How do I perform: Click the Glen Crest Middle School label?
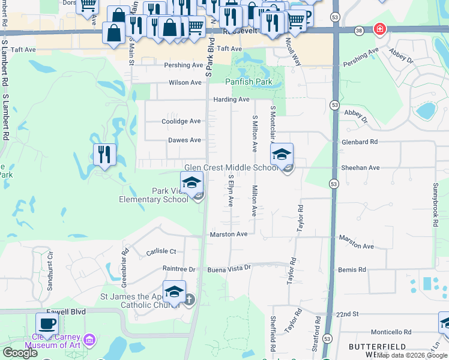[x=231, y=168]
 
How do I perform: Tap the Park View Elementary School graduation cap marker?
[x=192, y=182]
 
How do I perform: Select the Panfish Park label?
[x=249, y=82]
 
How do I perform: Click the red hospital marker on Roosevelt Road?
[x=379, y=29]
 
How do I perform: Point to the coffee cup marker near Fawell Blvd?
[x=47, y=323]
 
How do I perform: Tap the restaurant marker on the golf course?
[x=104, y=155]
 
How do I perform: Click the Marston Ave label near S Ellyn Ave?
[x=228, y=234]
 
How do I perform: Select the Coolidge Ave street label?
[x=181, y=121]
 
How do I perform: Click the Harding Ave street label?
[x=231, y=100]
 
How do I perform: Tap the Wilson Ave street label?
[x=185, y=83]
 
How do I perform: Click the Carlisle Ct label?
[x=161, y=252]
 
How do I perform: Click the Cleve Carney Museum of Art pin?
[x=90, y=340]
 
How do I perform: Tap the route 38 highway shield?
[x=359, y=29]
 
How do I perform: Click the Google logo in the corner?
[x=20, y=353]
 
